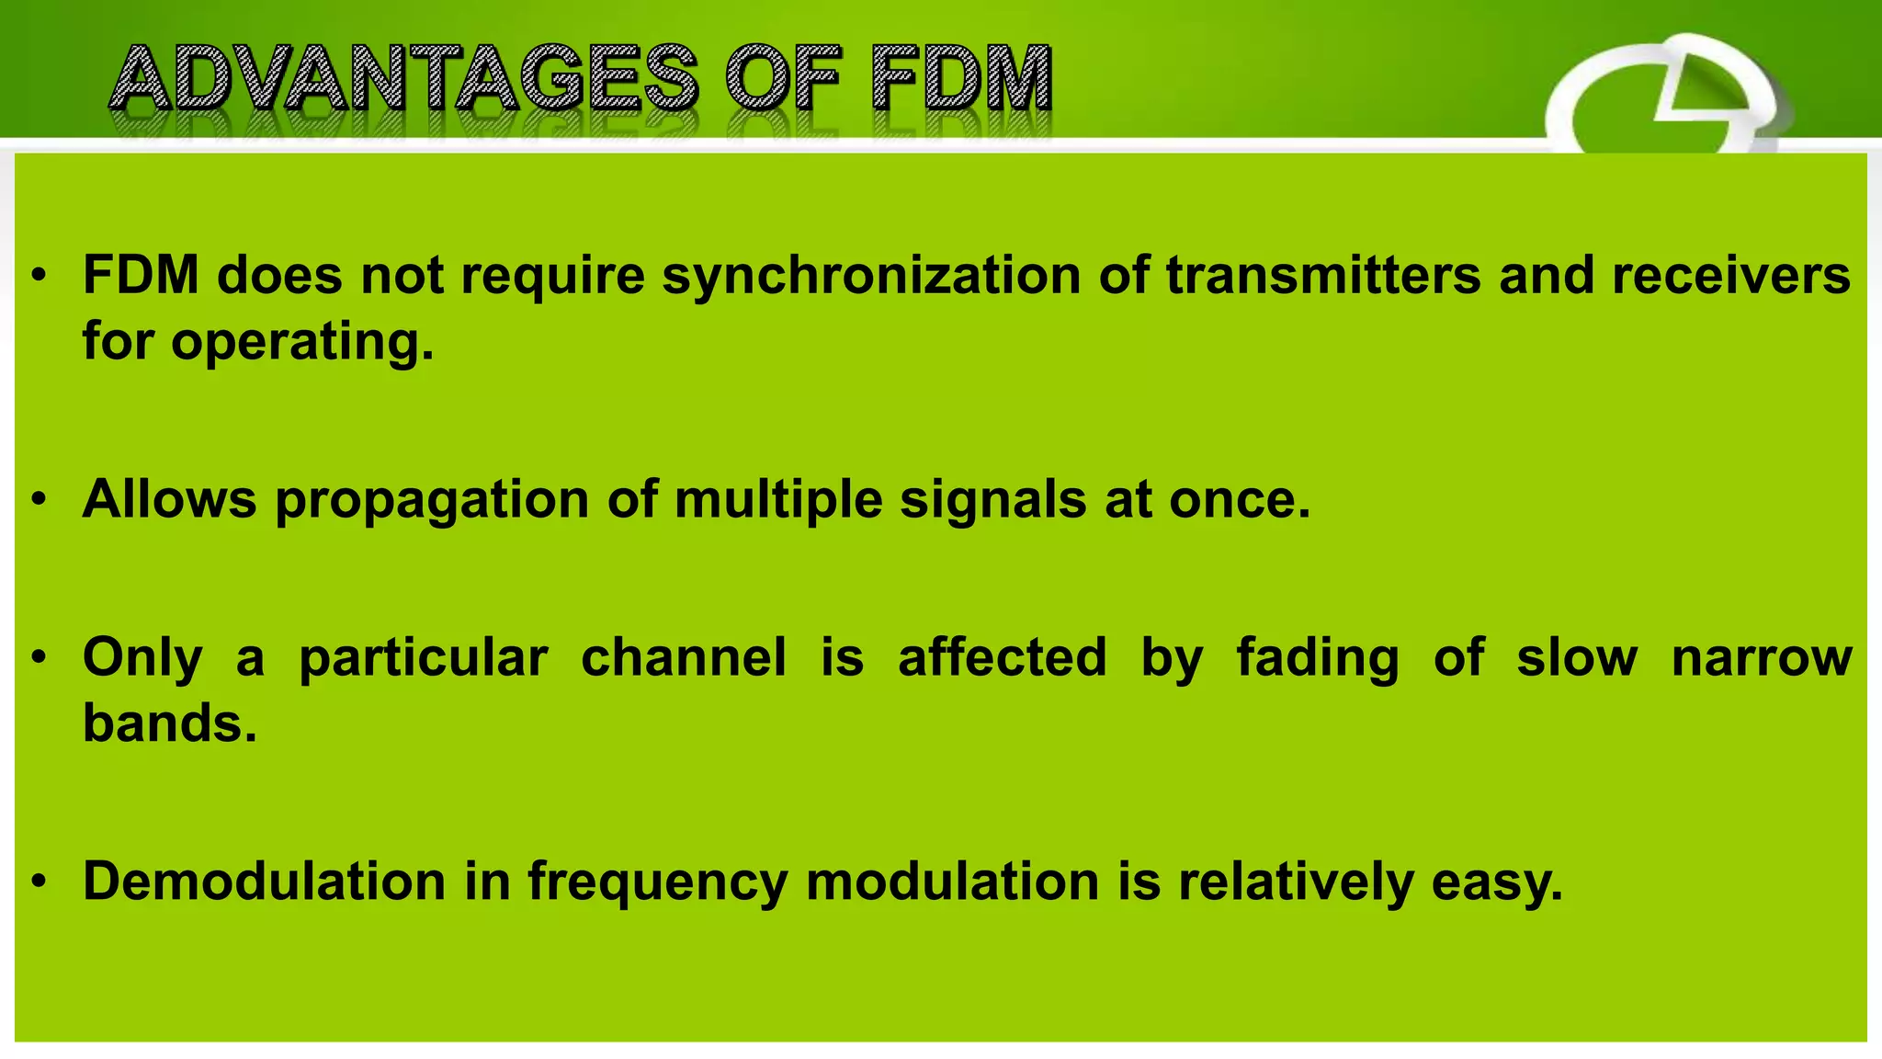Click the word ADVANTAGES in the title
pyautogui.click(x=404, y=78)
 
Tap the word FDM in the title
pyautogui.click(x=961, y=78)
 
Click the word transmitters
pyautogui.click(x=1323, y=276)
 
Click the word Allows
pyautogui.click(x=170, y=499)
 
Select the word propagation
pyautogui.click(x=432, y=501)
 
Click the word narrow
pyautogui.click(x=1761, y=658)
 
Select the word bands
pyautogui.click(x=168, y=723)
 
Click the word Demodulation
pyautogui.click(x=265, y=881)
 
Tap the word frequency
pyautogui.click(x=657, y=882)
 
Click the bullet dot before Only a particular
pyautogui.click(x=38, y=659)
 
